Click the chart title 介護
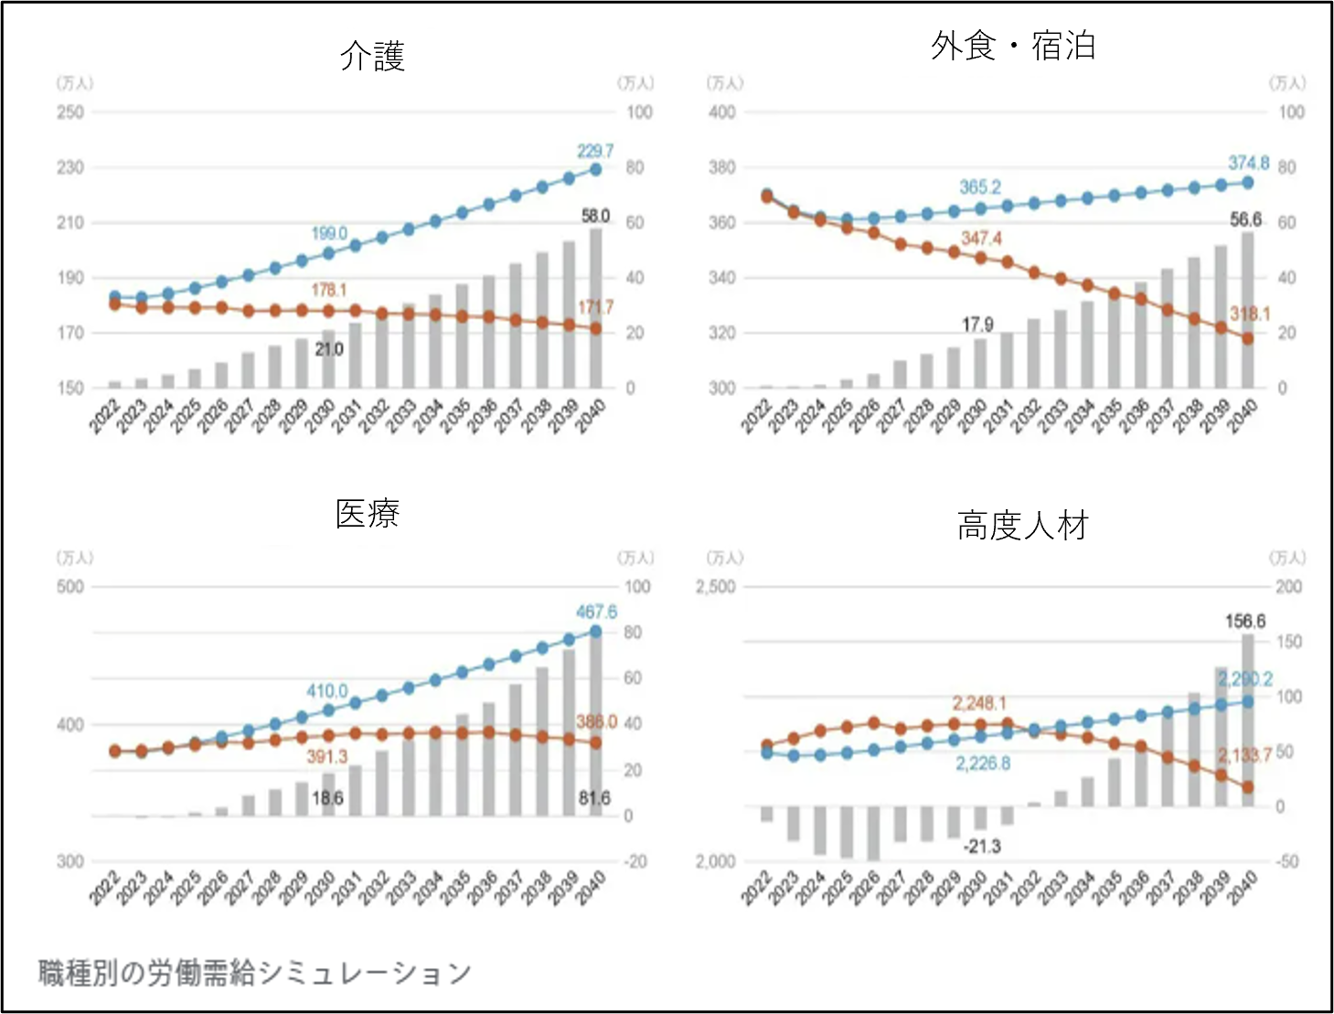point(372,57)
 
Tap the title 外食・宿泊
point(1013,46)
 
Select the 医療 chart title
point(368,514)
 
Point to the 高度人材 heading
point(1022,526)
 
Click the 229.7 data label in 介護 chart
point(595,151)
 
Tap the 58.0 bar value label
point(595,216)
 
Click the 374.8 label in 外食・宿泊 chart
point(1248,163)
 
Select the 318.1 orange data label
point(1250,314)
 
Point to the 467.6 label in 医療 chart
point(596,612)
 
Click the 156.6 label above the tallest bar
point(1245,622)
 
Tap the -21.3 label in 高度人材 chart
point(982,847)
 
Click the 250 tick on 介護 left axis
point(70,112)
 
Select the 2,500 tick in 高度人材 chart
point(715,587)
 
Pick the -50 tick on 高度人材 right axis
point(1287,861)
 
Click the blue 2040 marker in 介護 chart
point(596,169)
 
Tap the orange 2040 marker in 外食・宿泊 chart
point(1247,338)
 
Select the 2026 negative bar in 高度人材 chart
point(873,833)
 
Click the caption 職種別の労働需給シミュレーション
point(254,973)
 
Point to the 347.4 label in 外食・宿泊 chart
point(981,239)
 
